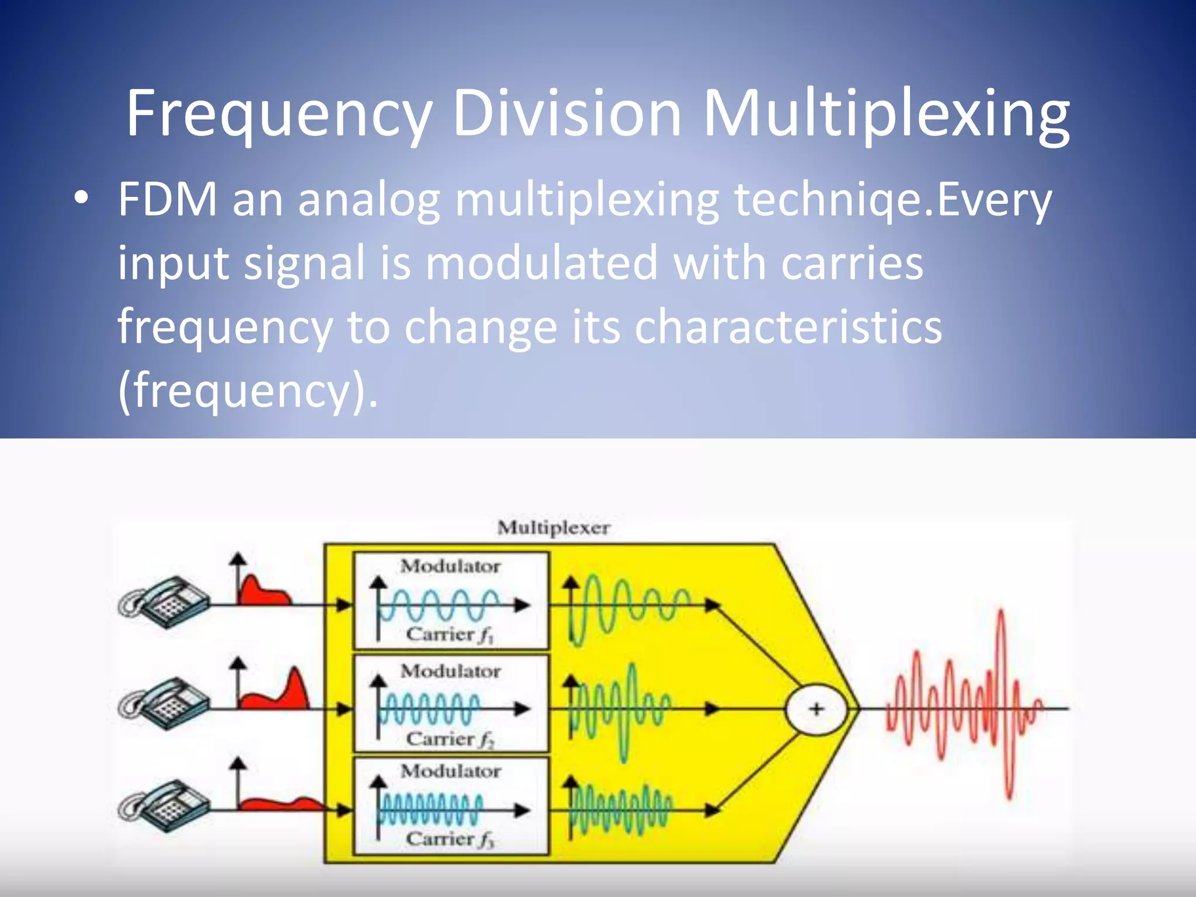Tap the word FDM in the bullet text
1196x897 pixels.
(x=168, y=200)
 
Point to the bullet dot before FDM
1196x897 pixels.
(x=81, y=199)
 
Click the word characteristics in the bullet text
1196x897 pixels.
(x=788, y=327)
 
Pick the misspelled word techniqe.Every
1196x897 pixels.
(x=893, y=200)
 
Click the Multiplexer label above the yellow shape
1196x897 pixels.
(x=554, y=528)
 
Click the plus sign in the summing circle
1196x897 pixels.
(x=816, y=709)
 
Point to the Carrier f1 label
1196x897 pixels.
(x=450, y=635)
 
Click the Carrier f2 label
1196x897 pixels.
(x=450, y=740)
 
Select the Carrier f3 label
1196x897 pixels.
(x=450, y=840)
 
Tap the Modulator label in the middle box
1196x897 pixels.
(x=450, y=672)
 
